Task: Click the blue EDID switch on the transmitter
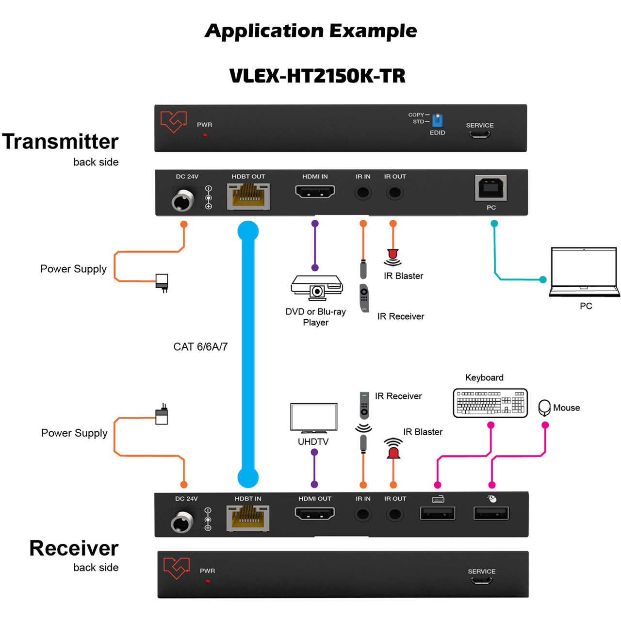tap(437, 121)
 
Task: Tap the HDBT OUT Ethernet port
tap(248, 196)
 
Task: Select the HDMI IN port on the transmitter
tap(315, 192)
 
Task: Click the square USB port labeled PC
tap(490, 188)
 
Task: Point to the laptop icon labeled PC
tap(584, 272)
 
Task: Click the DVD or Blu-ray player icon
tap(316, 288)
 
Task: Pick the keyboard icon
tap(490, 403)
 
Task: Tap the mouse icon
tap(544, 408)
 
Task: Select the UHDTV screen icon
tap(313, 418)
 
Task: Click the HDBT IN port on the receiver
tap(247, 519)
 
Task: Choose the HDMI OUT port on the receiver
tap(314, 513)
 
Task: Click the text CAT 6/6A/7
tap(200, 347)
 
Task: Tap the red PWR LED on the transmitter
tap(205, 135)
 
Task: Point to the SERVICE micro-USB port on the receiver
tap(481, 581)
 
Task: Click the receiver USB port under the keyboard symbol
tap(437, 513)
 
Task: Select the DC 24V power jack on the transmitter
tap(183, 200)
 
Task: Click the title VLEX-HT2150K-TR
tap(317, 76)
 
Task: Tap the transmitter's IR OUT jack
tap(395, 193)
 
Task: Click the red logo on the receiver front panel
tap(176, 568)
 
